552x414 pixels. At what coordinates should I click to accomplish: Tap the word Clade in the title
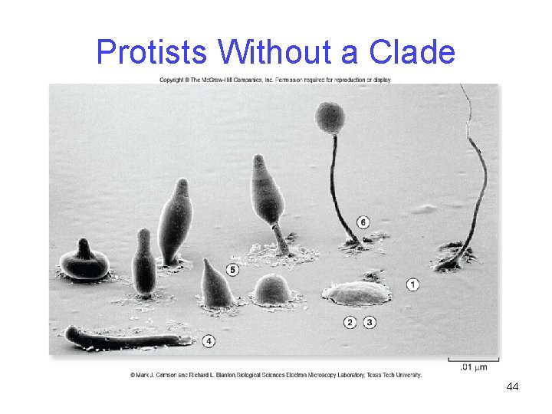[412, 53]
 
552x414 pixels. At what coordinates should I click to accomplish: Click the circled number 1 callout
[412, 284]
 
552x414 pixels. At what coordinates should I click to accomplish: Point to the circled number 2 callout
[350, 323]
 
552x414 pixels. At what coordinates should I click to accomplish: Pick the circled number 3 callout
[370, 323]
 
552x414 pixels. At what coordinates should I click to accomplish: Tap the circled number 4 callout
[209, 341]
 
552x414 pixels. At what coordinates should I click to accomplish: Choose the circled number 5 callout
[232, 270]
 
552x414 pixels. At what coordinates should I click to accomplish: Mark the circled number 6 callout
[363, 222]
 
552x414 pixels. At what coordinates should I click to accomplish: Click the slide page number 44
[512, 386]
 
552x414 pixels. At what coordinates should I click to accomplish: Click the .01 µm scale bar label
[474, 368]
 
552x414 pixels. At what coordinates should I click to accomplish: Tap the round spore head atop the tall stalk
[330, 117]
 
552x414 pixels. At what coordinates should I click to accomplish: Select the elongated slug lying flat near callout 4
[127, 337]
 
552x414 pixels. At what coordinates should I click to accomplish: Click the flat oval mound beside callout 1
[356, 293]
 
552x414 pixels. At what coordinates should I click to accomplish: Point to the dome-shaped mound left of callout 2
[272, 290]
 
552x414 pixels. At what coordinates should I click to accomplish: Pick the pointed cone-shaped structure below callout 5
[215, 285]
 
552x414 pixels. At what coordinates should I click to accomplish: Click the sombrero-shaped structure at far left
[84, 262]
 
